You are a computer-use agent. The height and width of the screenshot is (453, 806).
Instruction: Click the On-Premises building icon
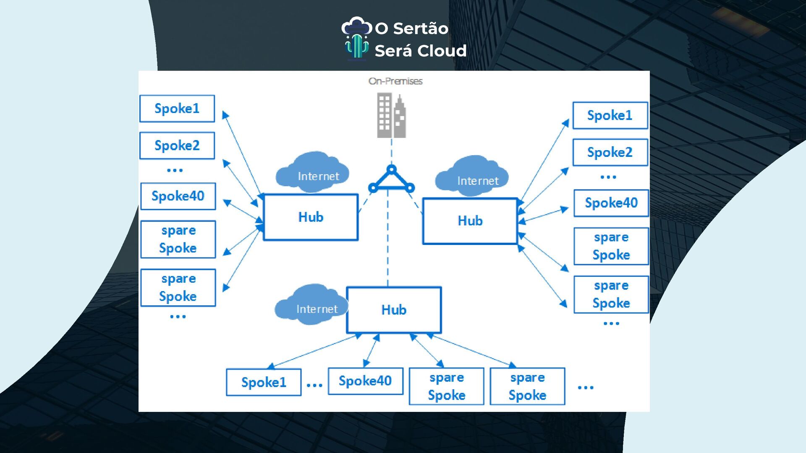click(x=391, y=115)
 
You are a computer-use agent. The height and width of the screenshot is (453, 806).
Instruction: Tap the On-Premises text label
click(x=395, y=81)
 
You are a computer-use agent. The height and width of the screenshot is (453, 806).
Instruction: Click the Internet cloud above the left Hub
click(x=313, y=172)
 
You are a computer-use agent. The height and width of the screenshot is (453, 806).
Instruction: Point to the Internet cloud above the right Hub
click(x=472, y=176)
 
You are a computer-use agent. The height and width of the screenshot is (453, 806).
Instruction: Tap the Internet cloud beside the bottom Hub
click(x=311, y=305)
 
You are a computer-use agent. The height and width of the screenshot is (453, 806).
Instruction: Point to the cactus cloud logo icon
click(x=356, y=39)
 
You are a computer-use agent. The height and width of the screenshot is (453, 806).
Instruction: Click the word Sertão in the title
click(x=421, y=29)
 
